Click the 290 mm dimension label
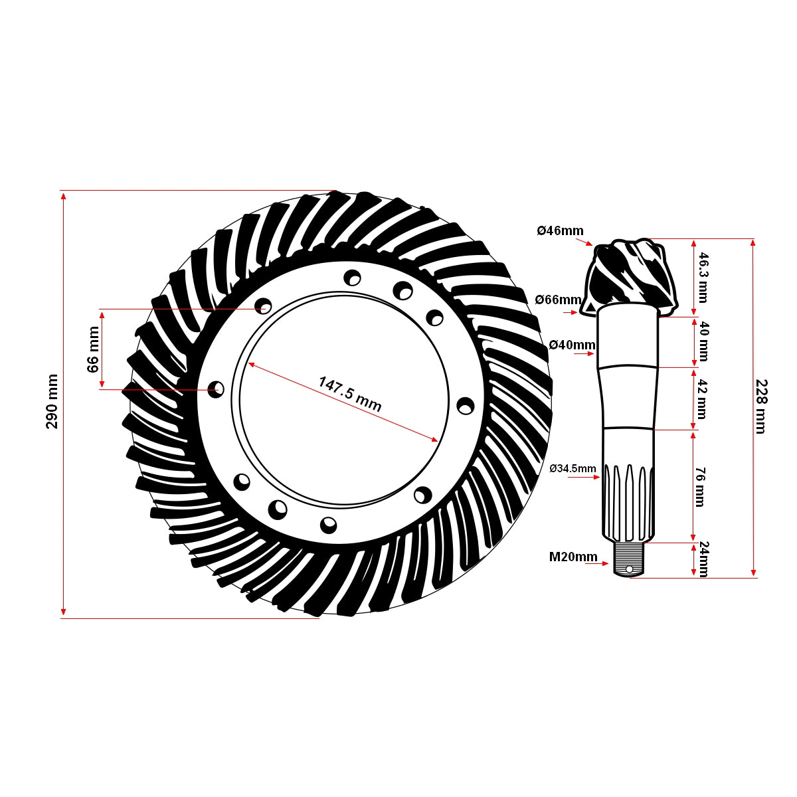coord(52,401)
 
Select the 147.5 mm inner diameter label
coord(350,395)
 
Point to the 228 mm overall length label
coord(761,406)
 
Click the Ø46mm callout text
coord(560,231)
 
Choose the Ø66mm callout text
coord(558,300)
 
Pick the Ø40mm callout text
coord(572,345)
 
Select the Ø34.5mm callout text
coord(573,468)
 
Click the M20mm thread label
coord(573,557)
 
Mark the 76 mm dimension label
coord(699,487)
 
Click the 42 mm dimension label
coord(699,399)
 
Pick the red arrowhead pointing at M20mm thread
coord(605,564)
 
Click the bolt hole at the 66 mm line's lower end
coord(217,389)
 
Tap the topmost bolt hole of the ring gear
coord(353,277)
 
